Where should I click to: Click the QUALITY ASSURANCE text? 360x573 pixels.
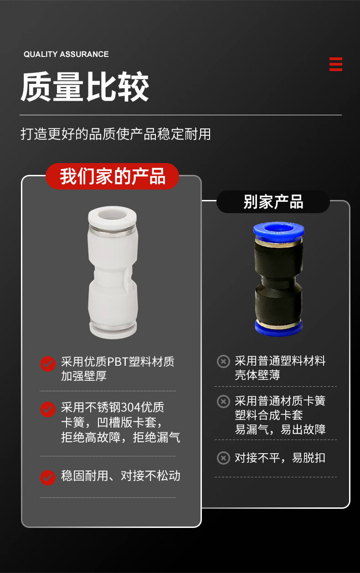[x=66, y=54]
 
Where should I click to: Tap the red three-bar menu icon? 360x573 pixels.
[x=335, y=64]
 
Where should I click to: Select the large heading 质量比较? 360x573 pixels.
[x=85, y=87]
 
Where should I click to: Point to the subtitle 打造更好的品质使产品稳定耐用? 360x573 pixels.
[x=116, y=134]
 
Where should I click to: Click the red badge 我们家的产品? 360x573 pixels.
[x=113, y=176]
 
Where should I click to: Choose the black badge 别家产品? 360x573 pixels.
[x=273, y=202]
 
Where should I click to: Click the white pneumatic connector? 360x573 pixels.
[x=112, y=273]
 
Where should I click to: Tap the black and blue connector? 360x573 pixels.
[x=278, y=279]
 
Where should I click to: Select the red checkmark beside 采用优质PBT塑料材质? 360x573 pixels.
[x=47, y=363]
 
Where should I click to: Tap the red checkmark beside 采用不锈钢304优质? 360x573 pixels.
[x=47, y=409]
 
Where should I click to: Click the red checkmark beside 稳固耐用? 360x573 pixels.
[x=47, y=477]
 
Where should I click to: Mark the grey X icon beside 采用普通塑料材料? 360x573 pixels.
[x=223, y=362]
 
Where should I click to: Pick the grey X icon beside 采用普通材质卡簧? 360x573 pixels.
[x=223, y=401]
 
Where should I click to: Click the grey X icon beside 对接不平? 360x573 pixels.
[x=223, y=458]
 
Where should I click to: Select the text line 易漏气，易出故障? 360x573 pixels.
[x=280, y=429]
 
